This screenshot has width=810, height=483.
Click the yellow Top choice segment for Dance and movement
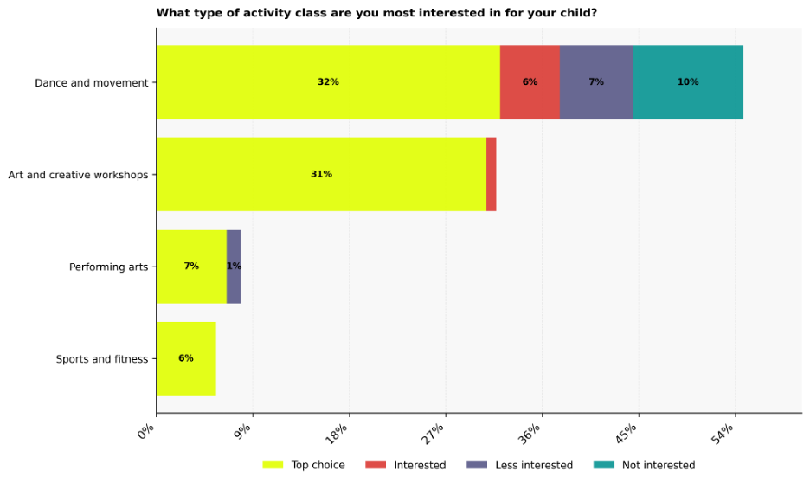point(328,82)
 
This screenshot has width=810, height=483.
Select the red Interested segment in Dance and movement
point(530,82)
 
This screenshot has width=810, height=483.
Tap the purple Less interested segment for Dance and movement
point(596,82)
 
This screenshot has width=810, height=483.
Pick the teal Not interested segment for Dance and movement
point(688,82)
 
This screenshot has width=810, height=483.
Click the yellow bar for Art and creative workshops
point(321,174)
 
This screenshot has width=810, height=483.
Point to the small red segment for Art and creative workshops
point(492,174)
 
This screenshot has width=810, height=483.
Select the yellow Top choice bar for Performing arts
point(191,267)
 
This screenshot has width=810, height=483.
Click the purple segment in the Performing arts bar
point(234,267)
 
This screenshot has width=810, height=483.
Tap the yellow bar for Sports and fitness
point(186,358)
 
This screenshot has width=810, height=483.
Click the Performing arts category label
point(108,267)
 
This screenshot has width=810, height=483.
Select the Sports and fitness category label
point(101,359)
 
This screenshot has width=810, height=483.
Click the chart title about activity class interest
point(376,13)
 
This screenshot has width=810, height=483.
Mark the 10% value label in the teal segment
point(688,82)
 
